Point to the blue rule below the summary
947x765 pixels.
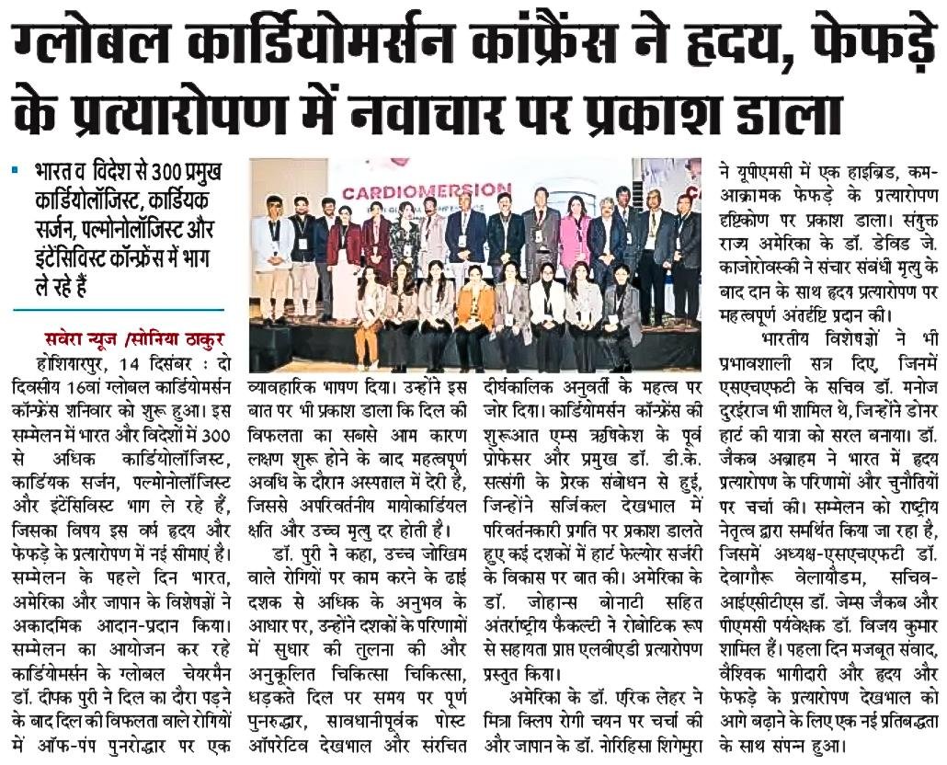pyautogui.click(x=119, y=310)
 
